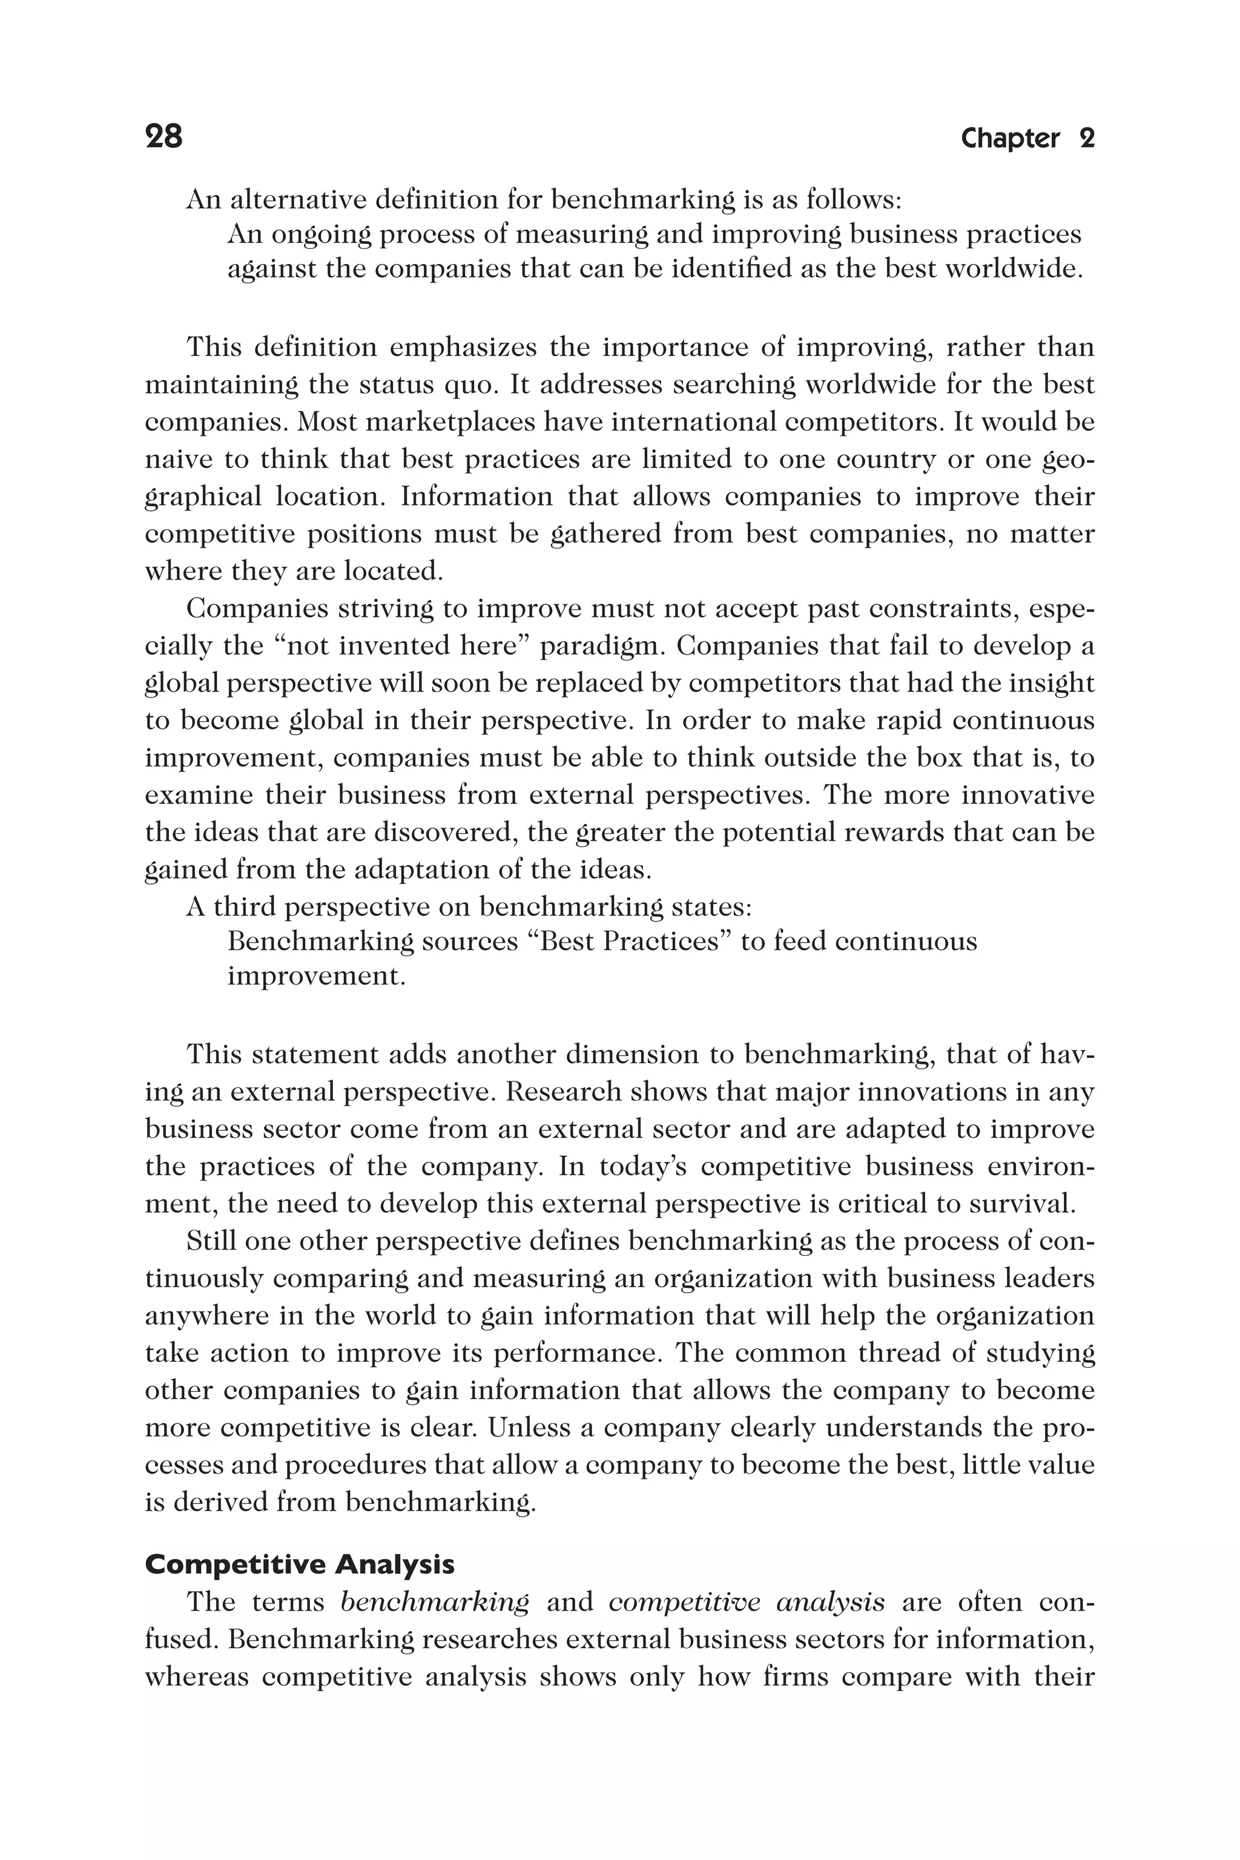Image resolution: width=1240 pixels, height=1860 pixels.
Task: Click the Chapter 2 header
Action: click(x=1027, y=139)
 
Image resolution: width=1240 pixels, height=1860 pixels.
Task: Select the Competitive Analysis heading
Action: click(x=300, y=1565)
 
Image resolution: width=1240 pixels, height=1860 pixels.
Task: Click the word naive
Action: click(x=171, y=460)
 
